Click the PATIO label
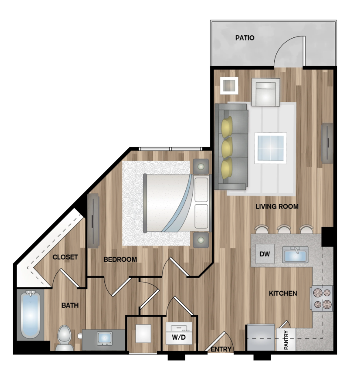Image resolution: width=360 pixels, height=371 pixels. (x=245, y=38)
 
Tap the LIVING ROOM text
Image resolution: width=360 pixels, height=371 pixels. (x=277, y=207)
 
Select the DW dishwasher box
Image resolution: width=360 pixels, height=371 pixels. (x=265, y=254)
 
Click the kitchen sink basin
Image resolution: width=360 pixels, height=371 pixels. (x=295, y=255)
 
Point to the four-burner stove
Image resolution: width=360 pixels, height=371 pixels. (x=322, y=298)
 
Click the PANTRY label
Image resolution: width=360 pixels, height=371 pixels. (x=286, y=340)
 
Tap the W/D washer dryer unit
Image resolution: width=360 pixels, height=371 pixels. (x=179, y=333)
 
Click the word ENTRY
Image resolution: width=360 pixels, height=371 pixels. (x=221, y=349)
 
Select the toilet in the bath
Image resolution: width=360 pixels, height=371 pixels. (x=65, y=338)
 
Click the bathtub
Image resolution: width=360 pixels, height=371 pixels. (x=30, y=314)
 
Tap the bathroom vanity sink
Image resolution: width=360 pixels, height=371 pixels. (x=104, y=339)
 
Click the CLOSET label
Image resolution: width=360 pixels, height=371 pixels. (x=65, y=257)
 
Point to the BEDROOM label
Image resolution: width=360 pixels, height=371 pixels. (x=120, y=259)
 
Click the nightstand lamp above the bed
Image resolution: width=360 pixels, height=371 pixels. (x=201, y=166)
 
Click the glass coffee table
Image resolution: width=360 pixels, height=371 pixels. (x=271, y=148)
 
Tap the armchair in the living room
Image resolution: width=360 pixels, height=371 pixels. (x=265, y=92)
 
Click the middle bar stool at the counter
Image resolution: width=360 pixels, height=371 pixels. (x=284, y=229)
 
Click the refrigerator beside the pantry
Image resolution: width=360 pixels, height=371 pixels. (x=261, y=337)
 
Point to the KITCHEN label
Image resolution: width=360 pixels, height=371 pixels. (x=283, y=293)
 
